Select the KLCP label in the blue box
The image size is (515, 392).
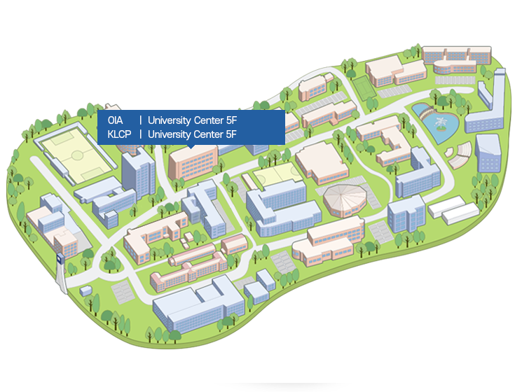coord(119,134)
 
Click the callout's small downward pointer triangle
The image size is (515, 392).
coord(191,147)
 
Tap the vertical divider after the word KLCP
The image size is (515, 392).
coord(140,134)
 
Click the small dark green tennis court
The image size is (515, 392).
coord(363,88)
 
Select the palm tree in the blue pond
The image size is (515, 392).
coord(441,125)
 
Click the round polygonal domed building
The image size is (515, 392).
coord(345,199)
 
